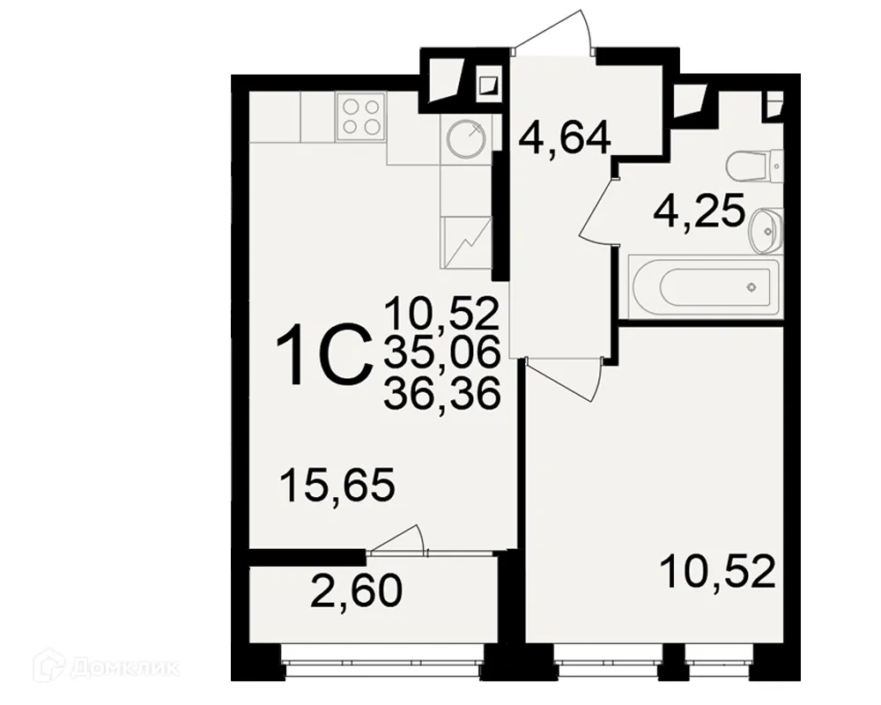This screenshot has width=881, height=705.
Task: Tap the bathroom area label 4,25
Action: (x=700, y=212)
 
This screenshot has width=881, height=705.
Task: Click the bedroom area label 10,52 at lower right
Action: (x=719, y=572)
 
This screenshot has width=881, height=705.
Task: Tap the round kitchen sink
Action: (x=464, y=138)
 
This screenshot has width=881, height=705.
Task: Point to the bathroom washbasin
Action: (x=765, y=229)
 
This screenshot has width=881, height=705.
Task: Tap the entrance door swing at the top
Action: (x=555, y=35)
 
